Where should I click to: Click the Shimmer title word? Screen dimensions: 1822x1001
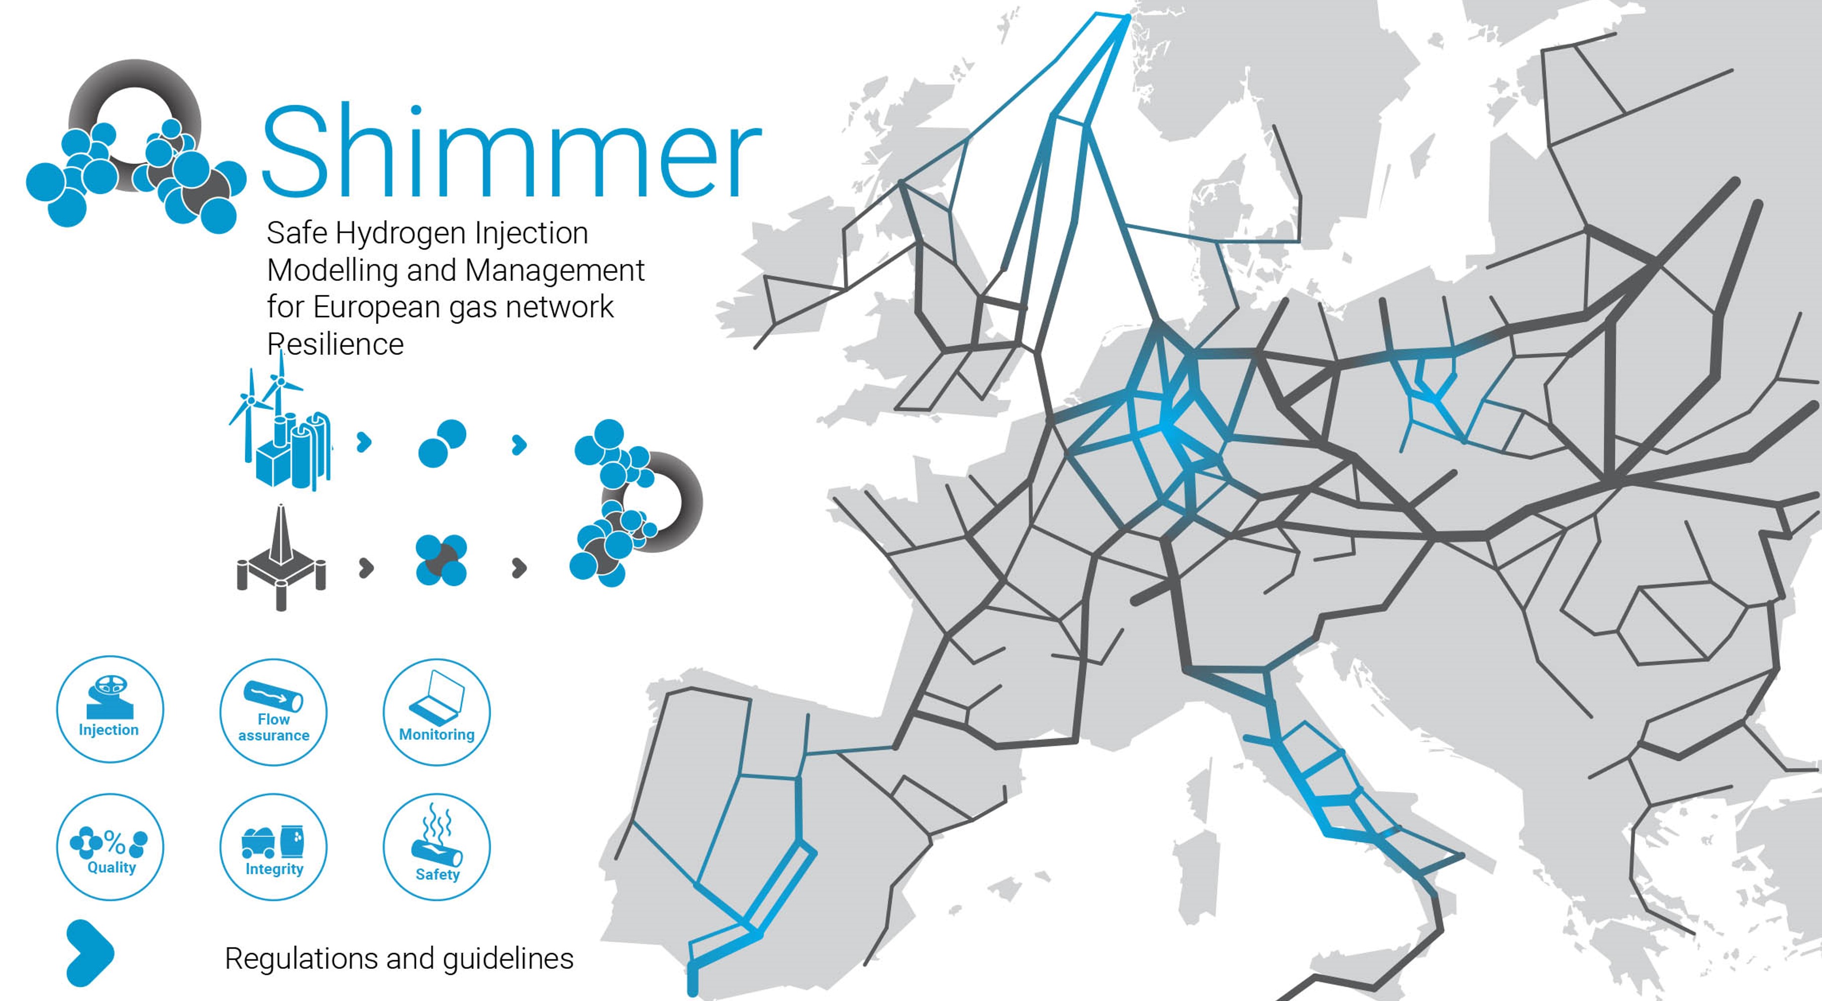pos(511,152)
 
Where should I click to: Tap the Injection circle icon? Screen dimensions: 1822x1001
pos(110,709)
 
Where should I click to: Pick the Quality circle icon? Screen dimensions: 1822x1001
pos(110,846)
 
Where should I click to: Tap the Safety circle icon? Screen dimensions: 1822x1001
pos(436,846)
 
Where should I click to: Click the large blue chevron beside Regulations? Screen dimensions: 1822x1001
pos(89,952)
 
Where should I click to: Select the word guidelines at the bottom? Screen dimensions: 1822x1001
pos(508,959)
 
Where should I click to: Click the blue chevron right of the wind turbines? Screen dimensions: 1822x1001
pos(364,443)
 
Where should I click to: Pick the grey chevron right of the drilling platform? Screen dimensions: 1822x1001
pos(366,567)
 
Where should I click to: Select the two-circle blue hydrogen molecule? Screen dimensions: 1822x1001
pos(442,444)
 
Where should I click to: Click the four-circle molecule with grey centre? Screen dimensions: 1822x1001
pos(441,560)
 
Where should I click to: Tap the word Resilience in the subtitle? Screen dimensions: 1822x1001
pos(335,345)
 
